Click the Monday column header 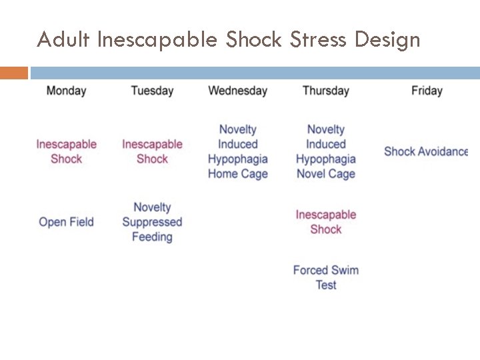point(66,91)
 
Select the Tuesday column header point(152,91)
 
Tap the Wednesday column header point(237,91)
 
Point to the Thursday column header point(325,91)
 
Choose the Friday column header point(427,91)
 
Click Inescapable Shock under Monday point(66,151)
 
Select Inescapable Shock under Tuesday point(152,151)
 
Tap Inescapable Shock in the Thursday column point(325,222)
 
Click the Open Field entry point(66,222)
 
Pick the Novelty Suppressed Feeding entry point(152,222)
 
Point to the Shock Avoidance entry point(426,151)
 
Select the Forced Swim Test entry point(325,277)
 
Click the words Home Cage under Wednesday point(237,174)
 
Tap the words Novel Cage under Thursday point(325,174)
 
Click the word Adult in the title point(63,40)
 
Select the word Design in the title point(387,40)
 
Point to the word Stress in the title point(319,40)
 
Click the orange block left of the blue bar point(14,73)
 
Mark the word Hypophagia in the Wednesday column point(237,159)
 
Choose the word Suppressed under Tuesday point(152,222)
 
